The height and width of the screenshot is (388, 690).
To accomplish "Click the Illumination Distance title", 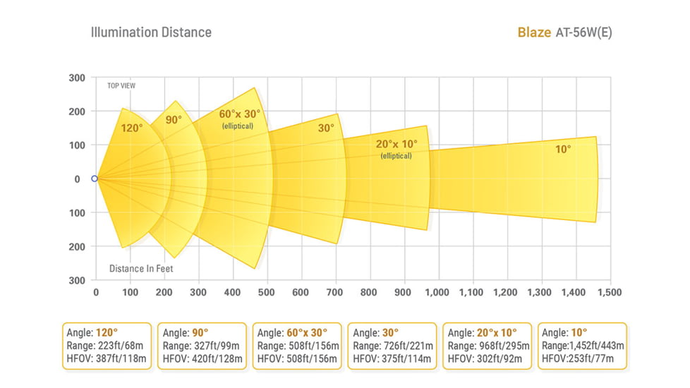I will coord(151,32).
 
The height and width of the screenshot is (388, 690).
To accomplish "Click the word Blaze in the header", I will coord(534,32).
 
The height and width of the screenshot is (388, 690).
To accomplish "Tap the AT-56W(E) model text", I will coord(583,32).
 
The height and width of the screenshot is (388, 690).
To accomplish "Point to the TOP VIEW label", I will coord(121,86).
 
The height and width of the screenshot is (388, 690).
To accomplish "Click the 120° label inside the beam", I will coord(131,128).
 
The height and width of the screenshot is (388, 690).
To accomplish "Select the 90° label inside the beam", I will coord(174,120).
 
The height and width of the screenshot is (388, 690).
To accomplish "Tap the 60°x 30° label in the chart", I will coord(239,114).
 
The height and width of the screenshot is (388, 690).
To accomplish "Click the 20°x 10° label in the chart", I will coord(396,143).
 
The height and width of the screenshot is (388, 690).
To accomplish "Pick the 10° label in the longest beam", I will coord(563,149).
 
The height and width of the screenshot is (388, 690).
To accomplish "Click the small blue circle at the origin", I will coord(95,178).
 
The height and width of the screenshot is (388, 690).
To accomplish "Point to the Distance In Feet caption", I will coord(141,268).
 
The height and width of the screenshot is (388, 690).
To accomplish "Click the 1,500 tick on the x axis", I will coord(610,292).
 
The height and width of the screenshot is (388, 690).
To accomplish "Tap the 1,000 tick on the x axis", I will coord(437,292).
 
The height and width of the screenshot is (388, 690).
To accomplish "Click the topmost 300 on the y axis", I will coord(78,78).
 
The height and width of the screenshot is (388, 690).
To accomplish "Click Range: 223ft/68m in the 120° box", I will coord(107,346).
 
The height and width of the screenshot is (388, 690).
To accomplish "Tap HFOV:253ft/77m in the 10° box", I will coord(579,359).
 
